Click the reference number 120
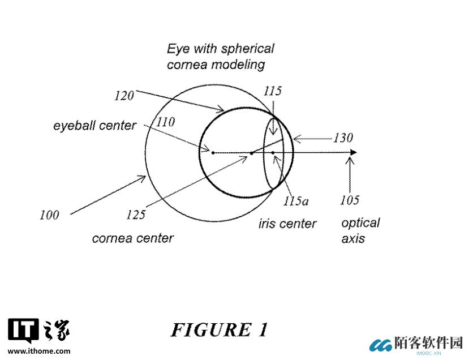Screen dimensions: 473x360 tap(124, 96)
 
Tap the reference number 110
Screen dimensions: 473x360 tap(166, 122)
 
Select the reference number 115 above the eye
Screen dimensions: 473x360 tap(273, 91)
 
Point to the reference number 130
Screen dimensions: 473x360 tap(343, 138)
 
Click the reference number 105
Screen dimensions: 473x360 tap(350, 200)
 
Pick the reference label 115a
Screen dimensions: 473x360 tap(296, 201)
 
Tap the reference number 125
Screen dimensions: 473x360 tap(136, 215)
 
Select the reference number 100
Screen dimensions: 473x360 tap(49, 215)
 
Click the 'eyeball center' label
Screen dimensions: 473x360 tap(94, 126)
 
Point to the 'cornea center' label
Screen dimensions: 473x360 tap(133, 238)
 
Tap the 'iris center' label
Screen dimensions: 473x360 tap(287, 224)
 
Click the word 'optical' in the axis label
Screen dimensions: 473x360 tap(360, 224)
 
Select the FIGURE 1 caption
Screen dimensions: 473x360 tap(220, 329)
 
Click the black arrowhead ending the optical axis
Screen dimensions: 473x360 tap(354, 152)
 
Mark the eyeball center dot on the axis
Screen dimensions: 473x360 tap(213, 153)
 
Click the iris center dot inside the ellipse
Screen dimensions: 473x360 tap(273, 153)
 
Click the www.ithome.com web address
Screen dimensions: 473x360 tap(39, 352)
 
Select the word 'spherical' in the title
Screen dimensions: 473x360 tap(247, 49)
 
